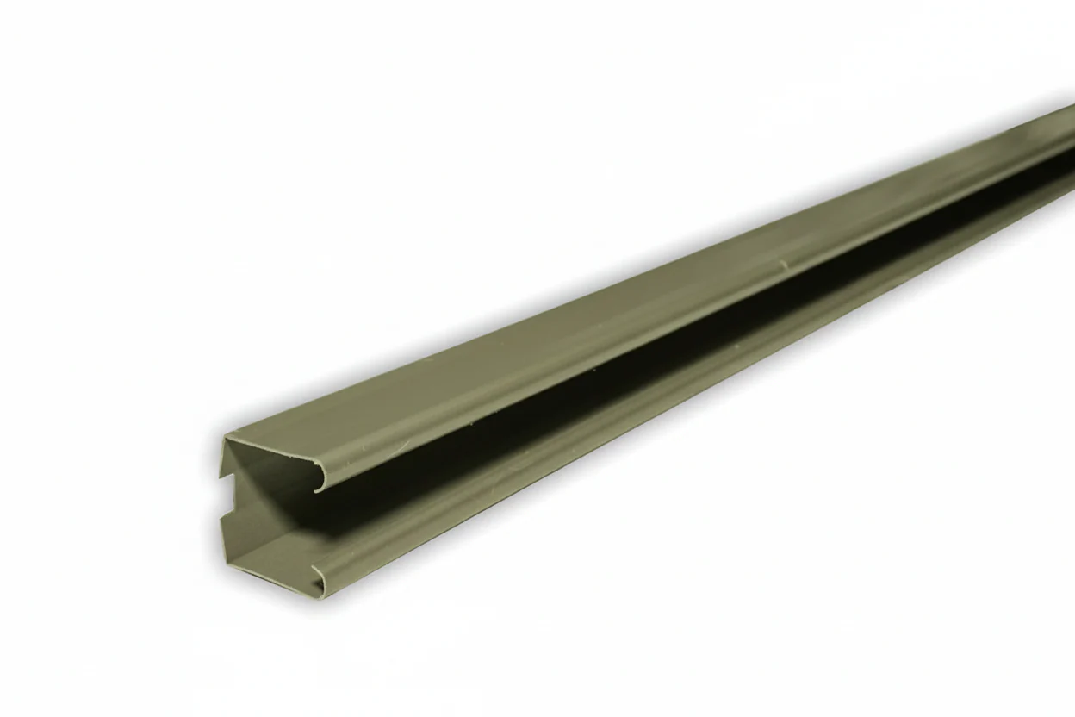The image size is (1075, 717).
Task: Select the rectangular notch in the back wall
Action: pyautogui.click(x=227, y=496)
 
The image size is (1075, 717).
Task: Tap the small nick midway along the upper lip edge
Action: pyautogui.click(x=783, y=263)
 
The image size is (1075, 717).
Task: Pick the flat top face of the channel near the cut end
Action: pyautogui.click(x=362, y=422)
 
